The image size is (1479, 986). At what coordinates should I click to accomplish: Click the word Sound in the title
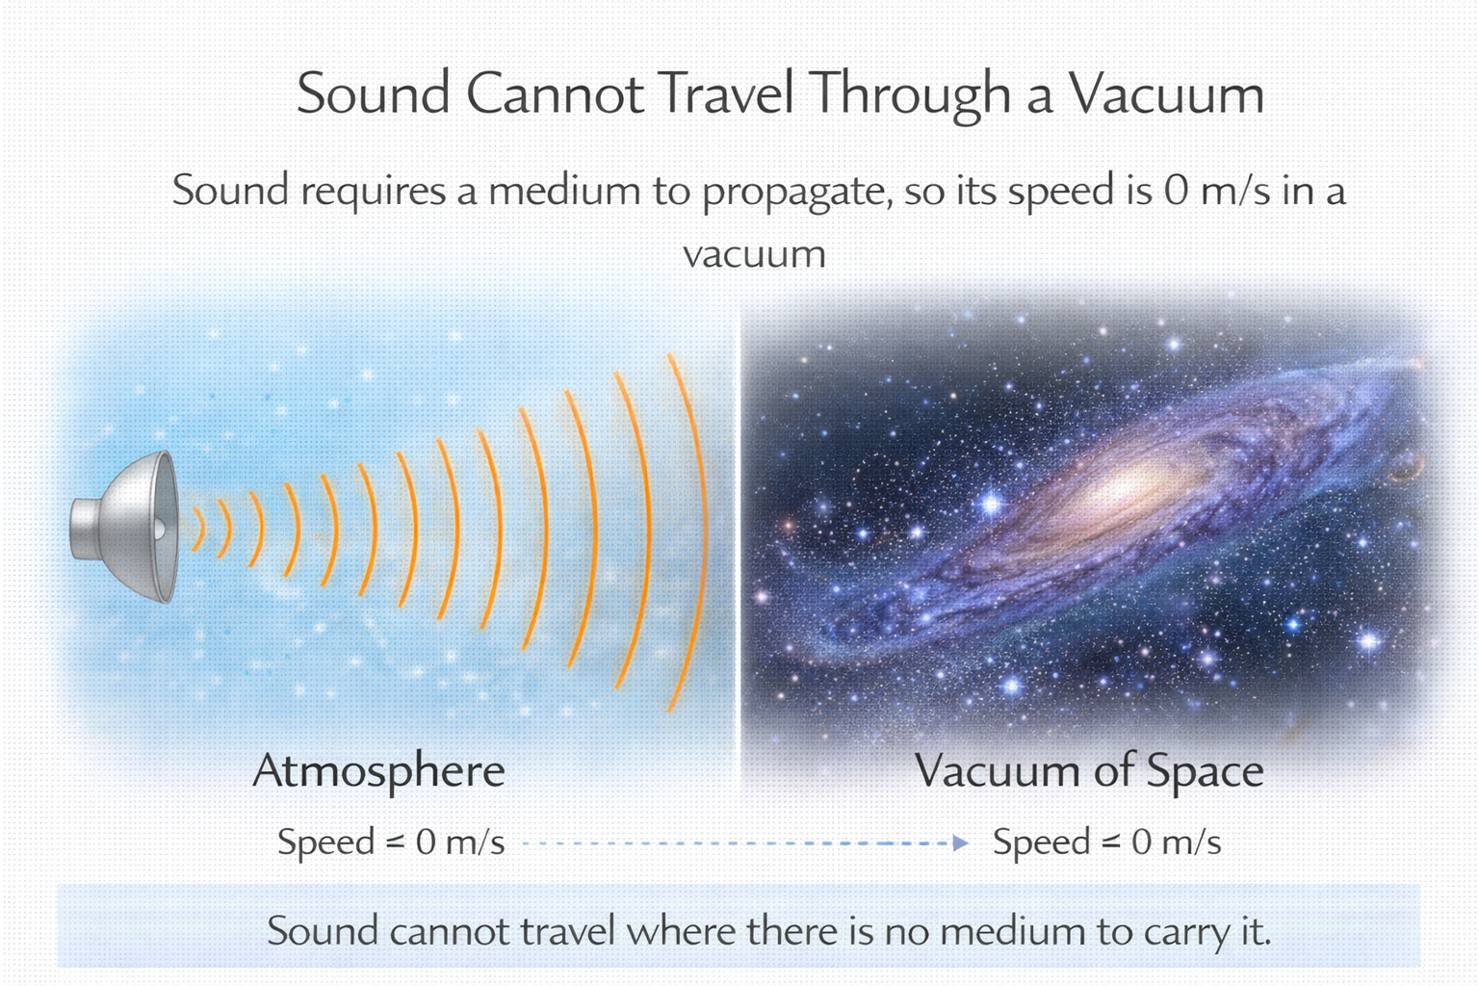pyautogui.click(x=374, y=93)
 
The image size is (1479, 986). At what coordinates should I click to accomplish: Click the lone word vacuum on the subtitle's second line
pyautogui.click(x=754, y=254)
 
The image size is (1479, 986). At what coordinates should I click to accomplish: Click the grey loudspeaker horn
pyautogui.click(x=125, y=528)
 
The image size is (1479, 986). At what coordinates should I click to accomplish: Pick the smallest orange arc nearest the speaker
pyautogui.click(x=198, y=529)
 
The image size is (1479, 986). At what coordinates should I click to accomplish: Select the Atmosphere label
pyautogui.click(x=378, y=771)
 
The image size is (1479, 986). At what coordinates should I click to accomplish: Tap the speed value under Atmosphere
pyautogui.click(x=459, y=843)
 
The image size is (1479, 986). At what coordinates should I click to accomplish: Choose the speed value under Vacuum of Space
pyautogui.click(x=1176, y=843)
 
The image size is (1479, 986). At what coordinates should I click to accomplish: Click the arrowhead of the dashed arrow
pyautogui.click(x=959, y=843)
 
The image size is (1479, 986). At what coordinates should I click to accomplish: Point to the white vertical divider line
pyautogui.click(x=739, y=539)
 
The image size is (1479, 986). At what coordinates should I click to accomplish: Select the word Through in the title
pyautogui.click(x=910, y=93)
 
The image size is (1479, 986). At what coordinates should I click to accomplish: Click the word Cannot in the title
pyautogui.click(x=555, y=93)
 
